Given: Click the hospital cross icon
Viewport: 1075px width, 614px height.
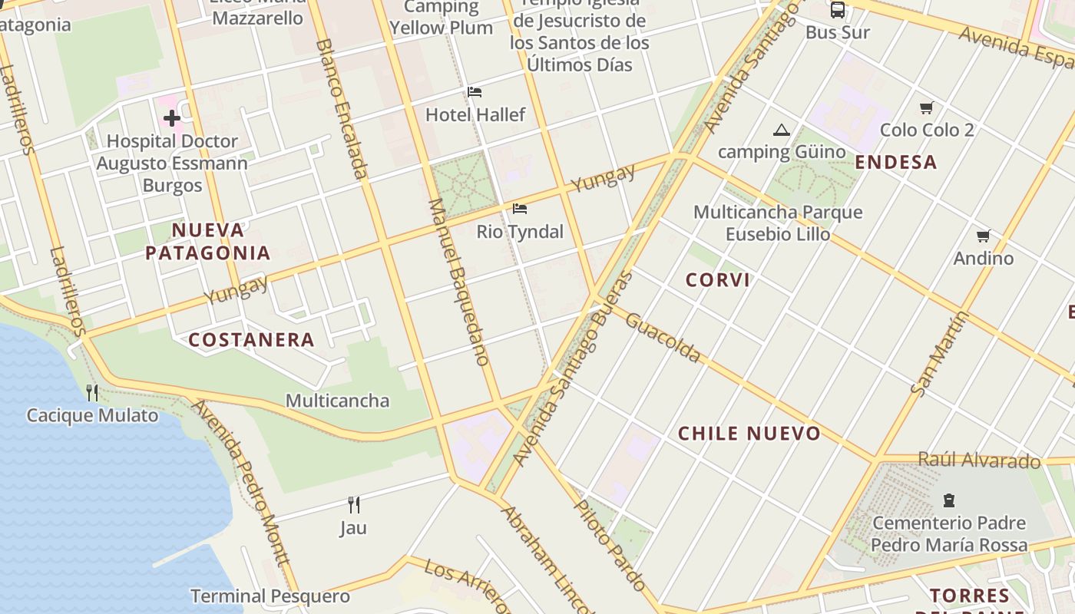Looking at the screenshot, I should pyautogui.click(x=171, y=118).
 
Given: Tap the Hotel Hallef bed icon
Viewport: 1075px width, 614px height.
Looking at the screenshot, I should pyautogui.click(x=475, y=92).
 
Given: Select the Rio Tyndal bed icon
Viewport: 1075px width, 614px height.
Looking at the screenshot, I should pyautogui.click(x=520, y=208).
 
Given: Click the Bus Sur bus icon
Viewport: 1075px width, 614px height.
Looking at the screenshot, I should pyautogui.click(x=837, y=10).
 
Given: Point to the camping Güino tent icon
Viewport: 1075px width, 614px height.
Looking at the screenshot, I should pyautogui.click(x=782, y=130).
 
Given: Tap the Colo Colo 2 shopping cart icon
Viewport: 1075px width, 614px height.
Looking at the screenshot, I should pyautogui.click(x=927, y=107).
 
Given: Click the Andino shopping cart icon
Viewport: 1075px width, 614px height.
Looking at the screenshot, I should pyautogui.click(x=983, y=236).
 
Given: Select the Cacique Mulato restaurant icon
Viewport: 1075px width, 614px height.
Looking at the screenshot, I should pyautogui.click(x=92, y=393).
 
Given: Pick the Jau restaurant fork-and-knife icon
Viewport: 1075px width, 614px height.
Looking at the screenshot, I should pyautogui.click(x=353, y=504).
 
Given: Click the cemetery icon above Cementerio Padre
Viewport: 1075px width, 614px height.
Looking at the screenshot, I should pyautogui.click(x=948, y=500).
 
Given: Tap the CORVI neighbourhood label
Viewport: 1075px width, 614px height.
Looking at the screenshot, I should pyautogui.click(x=718, y=280).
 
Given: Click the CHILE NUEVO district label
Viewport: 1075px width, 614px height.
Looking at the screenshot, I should pyautogui.click(x=749, y=434).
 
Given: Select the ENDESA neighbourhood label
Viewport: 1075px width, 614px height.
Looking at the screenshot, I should pyautogui.click(x=896, y=162).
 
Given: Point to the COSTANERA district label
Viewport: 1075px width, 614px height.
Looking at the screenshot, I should pyautogui.click(x=252, y=340).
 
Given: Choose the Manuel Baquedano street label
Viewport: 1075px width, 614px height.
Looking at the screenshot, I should pyautogui.click(x=458, y=281).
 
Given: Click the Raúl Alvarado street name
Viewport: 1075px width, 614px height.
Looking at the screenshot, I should pyautogui.click(x=979, y=460).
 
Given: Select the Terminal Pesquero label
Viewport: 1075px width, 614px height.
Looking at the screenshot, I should pyautogui.click(x=270, y=596).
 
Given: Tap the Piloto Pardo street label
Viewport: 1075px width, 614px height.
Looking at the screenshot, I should pyautogui.click(x=611, y=545).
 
